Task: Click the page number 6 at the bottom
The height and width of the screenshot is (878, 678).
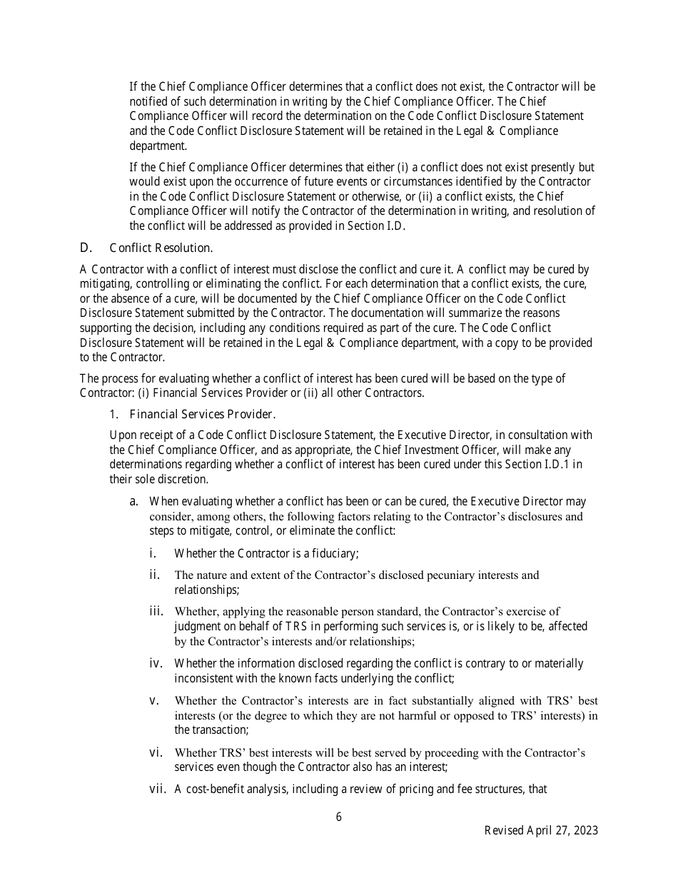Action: (x=339, y=817)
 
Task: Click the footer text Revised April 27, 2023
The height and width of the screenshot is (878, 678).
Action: (x=541, y=830)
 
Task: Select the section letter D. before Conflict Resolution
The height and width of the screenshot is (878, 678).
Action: (x=86, y=248)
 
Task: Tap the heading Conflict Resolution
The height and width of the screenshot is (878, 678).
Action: (x=161, y=248)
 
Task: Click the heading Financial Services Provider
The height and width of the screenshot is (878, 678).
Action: (x=203, y=414)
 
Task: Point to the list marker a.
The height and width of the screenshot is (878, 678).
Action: (x=134, y=501)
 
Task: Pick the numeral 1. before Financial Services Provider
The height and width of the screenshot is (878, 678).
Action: (x=113, y=414)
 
